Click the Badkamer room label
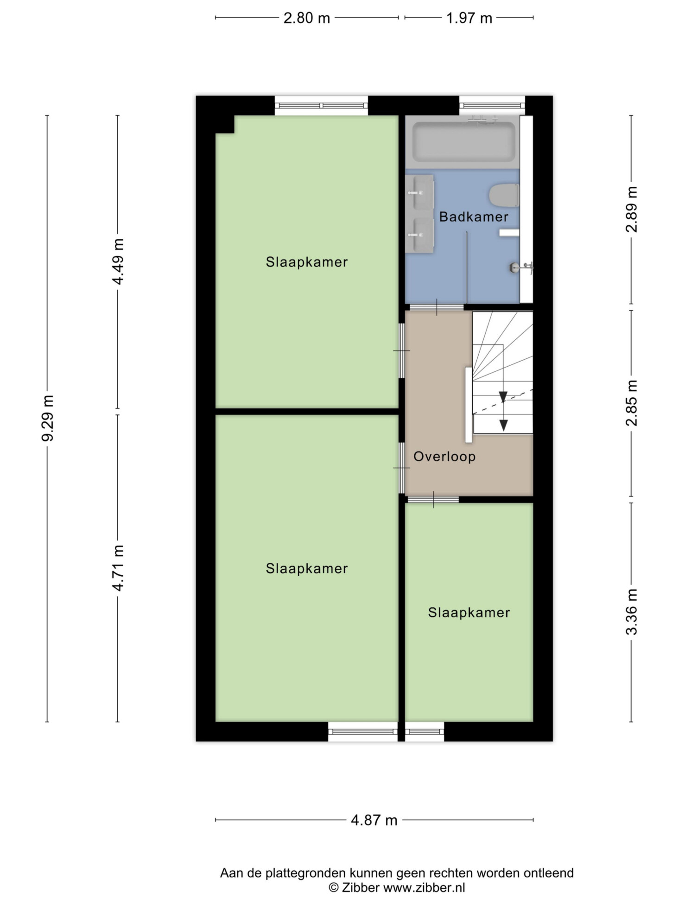pyautogui.click(x=473, y=216)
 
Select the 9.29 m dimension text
pyautogui.click(x=48, y=418)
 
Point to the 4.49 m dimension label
pyautogui.click(x=118, y=261)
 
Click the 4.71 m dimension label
pyautogui.click(x=118, y=568)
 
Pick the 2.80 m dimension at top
pyautogui.click(x=307, y=18)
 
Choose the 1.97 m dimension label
pyautogui.click(x=469, y=18)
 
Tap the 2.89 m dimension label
pyautogui.click(x=632, y=209)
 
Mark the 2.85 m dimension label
pyautogui.click(x=632, y=402)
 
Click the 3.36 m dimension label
pyautogui.click(x=632, y=611)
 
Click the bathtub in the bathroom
pyautogui.click(x=463, y=141)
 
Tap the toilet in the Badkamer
pyautogui.click(x=504, y=195)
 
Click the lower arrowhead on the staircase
pyautogui.click(x=503, y=425)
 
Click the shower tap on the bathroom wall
pyautogui.click(x=521, y=267)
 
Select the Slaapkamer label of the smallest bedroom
pyautogui.click(x=469, y=612)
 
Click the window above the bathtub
pyautogui.click(x=492, y=106)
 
